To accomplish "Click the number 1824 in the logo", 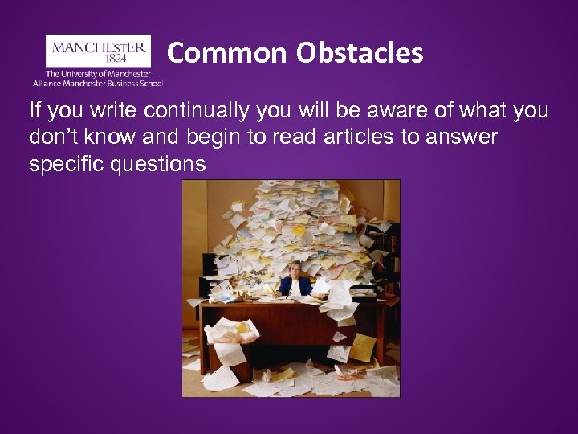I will tap(99, 59).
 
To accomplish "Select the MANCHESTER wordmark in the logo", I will tap(99, 47).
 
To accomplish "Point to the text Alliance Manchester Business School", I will tap(98, 83).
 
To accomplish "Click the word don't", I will tap(53, 137).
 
